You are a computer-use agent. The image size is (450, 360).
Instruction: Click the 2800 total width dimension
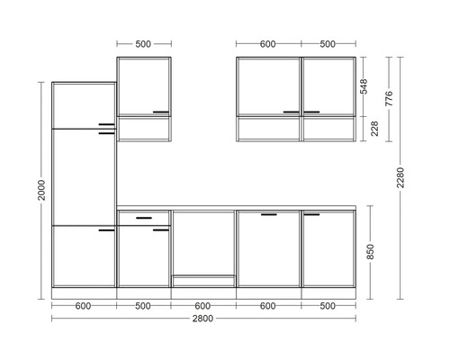tap(202, 319)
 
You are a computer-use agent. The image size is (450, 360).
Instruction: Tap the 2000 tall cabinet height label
tap(41, 190)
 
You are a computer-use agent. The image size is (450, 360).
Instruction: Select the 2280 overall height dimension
tap(400, 177)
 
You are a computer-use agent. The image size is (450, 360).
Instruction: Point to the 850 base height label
tap(371, 252)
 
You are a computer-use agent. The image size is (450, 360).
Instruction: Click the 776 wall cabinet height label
tap(389, 98)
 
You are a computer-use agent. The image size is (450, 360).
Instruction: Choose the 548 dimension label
tap(364, 86)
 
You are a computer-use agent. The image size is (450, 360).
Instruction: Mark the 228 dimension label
tap(374, 129)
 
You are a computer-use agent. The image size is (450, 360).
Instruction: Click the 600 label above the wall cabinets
tap(267, 44)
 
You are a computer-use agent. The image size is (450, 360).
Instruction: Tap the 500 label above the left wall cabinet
tap(143, 44)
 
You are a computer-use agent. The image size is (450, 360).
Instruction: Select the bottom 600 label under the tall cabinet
tap(83, 306)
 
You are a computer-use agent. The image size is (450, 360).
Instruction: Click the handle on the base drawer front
tap(144, 218)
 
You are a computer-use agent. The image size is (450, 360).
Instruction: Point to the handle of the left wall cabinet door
tap(161, 112)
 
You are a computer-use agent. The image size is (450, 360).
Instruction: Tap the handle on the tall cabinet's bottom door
tap(106, 230)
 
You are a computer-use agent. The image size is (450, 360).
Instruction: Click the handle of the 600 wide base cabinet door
tap(269, 214)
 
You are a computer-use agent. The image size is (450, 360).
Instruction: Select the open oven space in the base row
tap(204, 243)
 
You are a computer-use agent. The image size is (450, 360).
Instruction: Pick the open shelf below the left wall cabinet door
tap(144, 129)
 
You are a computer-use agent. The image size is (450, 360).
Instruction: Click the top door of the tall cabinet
tap(84, 105)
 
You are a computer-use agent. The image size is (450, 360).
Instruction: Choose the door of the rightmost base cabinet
tap(328, 248)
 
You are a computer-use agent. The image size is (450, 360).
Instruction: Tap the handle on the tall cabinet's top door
tap(106, 124)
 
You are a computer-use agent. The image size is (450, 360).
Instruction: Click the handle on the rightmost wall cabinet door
tap(311, 112)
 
